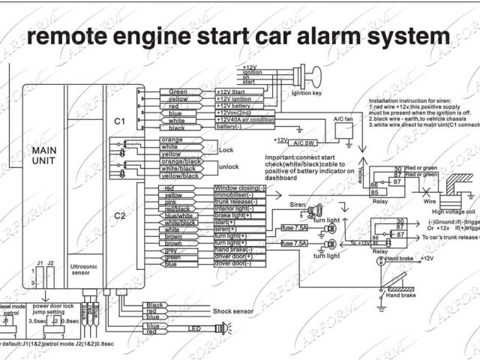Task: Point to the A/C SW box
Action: (x=304, y=141)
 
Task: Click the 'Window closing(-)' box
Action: (x=239, y=187)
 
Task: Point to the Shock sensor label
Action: (x=234, y=309)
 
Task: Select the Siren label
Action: (x=298, y=203)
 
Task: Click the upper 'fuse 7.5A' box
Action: (x=294, y=227)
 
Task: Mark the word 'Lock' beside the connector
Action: (x=227, y=149)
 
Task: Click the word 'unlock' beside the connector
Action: (x=229, y=166)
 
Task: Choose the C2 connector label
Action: (x=120, y=217)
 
